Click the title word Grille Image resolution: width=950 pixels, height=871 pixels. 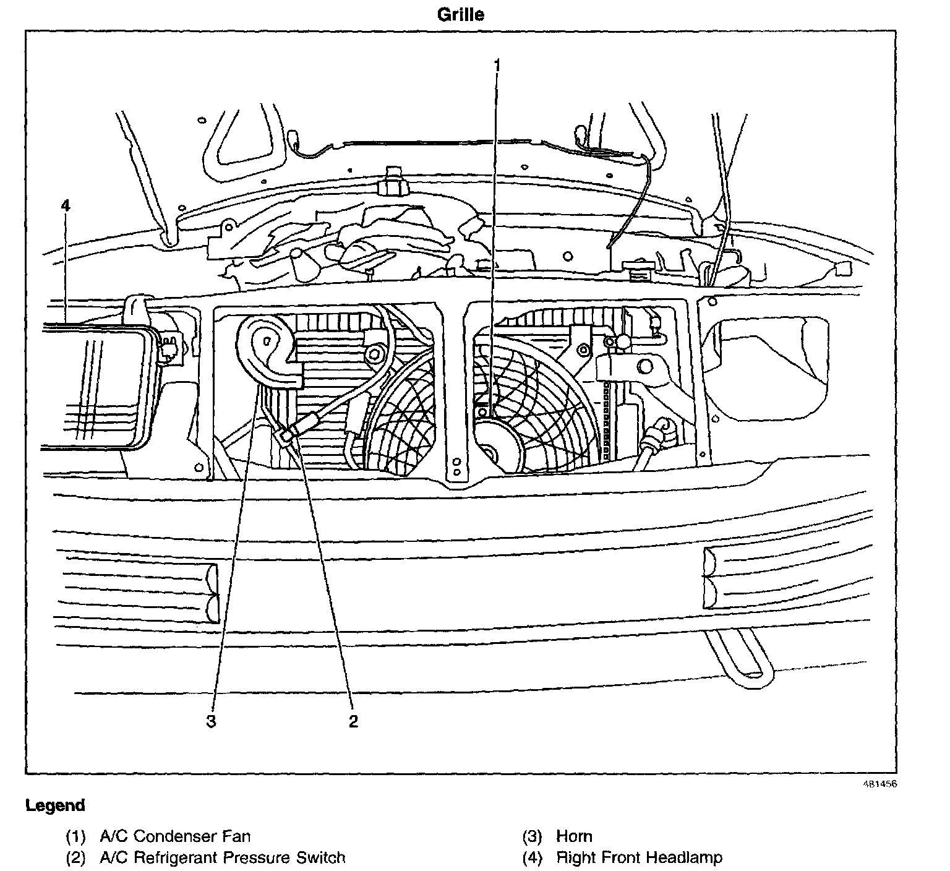pyautogui.click(x=460, y=14)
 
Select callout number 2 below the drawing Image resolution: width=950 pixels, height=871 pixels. pyautogui.click(x=353, y=721)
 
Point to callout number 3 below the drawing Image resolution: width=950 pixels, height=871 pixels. pyautogui.click(x=212, y=721)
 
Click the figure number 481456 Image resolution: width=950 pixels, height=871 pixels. pyautogui.click(x=879, y=784)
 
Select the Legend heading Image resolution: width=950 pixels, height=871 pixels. pyautogui.click(x=55, y=805)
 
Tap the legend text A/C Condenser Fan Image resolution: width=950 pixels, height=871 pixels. pyautogui.click(x=175, y=837)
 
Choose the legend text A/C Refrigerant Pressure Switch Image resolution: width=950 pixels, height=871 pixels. pyautogui.click(x=222, y=858)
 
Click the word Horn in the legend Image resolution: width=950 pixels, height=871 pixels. pyautogui.click(x=574, y=837)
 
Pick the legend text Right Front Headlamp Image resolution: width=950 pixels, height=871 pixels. pyautogui.click(x=639, y=858)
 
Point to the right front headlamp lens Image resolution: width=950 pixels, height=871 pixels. pyautogui.click(x=93, y=387)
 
